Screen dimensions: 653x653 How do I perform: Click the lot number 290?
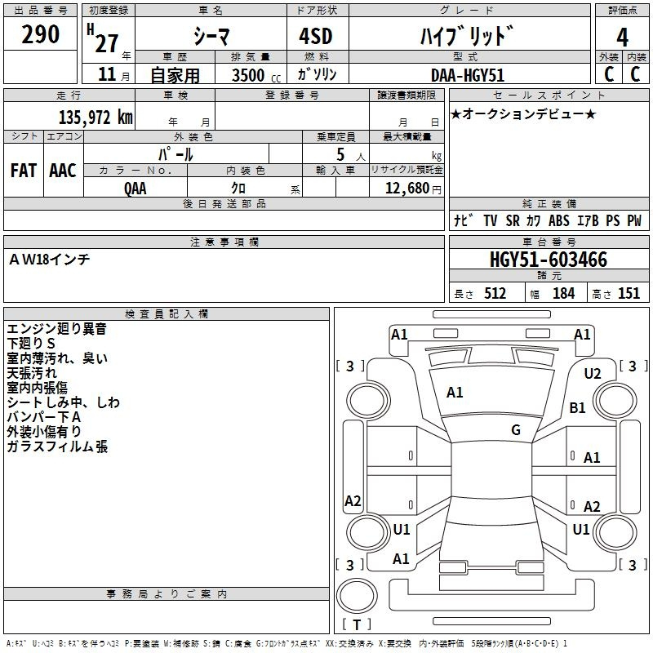[x=40, y=35]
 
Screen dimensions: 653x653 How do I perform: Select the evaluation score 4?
[x=623, y=37]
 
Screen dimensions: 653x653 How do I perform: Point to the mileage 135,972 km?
[x=96, y=117]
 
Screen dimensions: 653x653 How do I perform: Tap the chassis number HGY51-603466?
[x=548, y=260]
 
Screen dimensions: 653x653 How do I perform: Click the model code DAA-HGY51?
[x=468, y=75]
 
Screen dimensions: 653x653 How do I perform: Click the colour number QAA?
[x=135, y=188]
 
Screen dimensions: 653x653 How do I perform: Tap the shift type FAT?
[x=23, y=171]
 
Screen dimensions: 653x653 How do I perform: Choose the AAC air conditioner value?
[x=63, y=171]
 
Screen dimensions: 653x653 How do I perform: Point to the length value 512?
[x=495, y=294]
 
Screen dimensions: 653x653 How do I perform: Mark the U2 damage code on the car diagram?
[x=593, y=374]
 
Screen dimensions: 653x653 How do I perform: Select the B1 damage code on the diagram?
[x=578, y=407]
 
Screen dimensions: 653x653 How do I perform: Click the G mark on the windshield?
[x=515, y=430]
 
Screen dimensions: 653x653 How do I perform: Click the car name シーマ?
[x=211, y=37]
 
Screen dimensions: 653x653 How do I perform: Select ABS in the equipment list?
[x=559, y=221]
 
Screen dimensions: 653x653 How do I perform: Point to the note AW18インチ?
[x=49, y=260]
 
